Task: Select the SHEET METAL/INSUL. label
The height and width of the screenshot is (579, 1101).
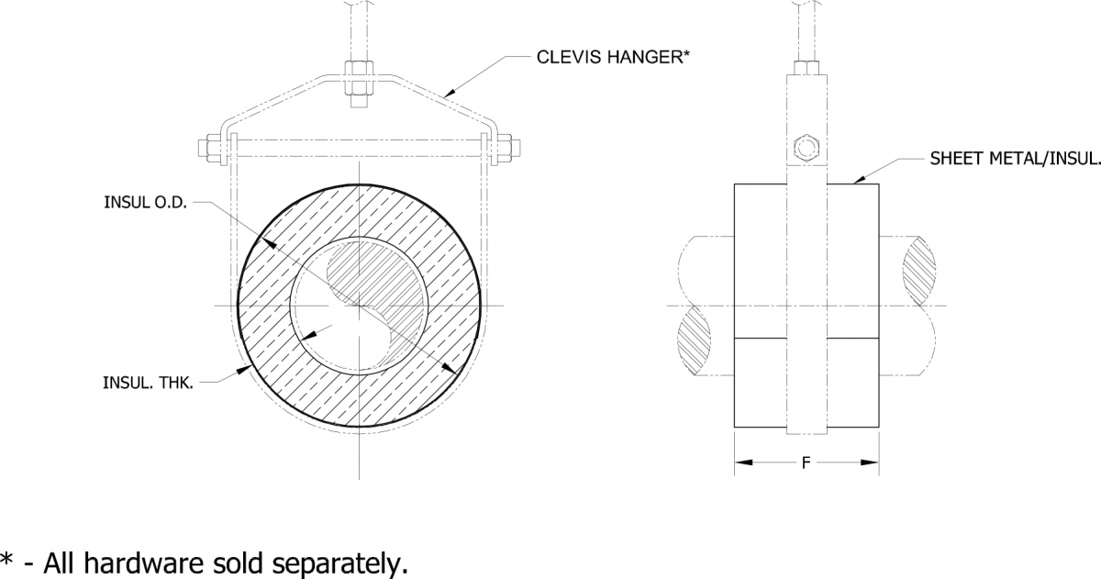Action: point(1015,159)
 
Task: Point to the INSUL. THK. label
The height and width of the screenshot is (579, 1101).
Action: point(148,382)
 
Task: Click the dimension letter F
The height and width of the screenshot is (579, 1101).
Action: point(806,462)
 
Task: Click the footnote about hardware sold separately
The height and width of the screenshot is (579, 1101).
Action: point(204,562)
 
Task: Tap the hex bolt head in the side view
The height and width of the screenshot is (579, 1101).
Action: point(806,147)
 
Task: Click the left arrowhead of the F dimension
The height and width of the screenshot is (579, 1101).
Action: point(742,462)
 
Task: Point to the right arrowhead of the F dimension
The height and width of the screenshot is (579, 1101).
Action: point(873,462)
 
